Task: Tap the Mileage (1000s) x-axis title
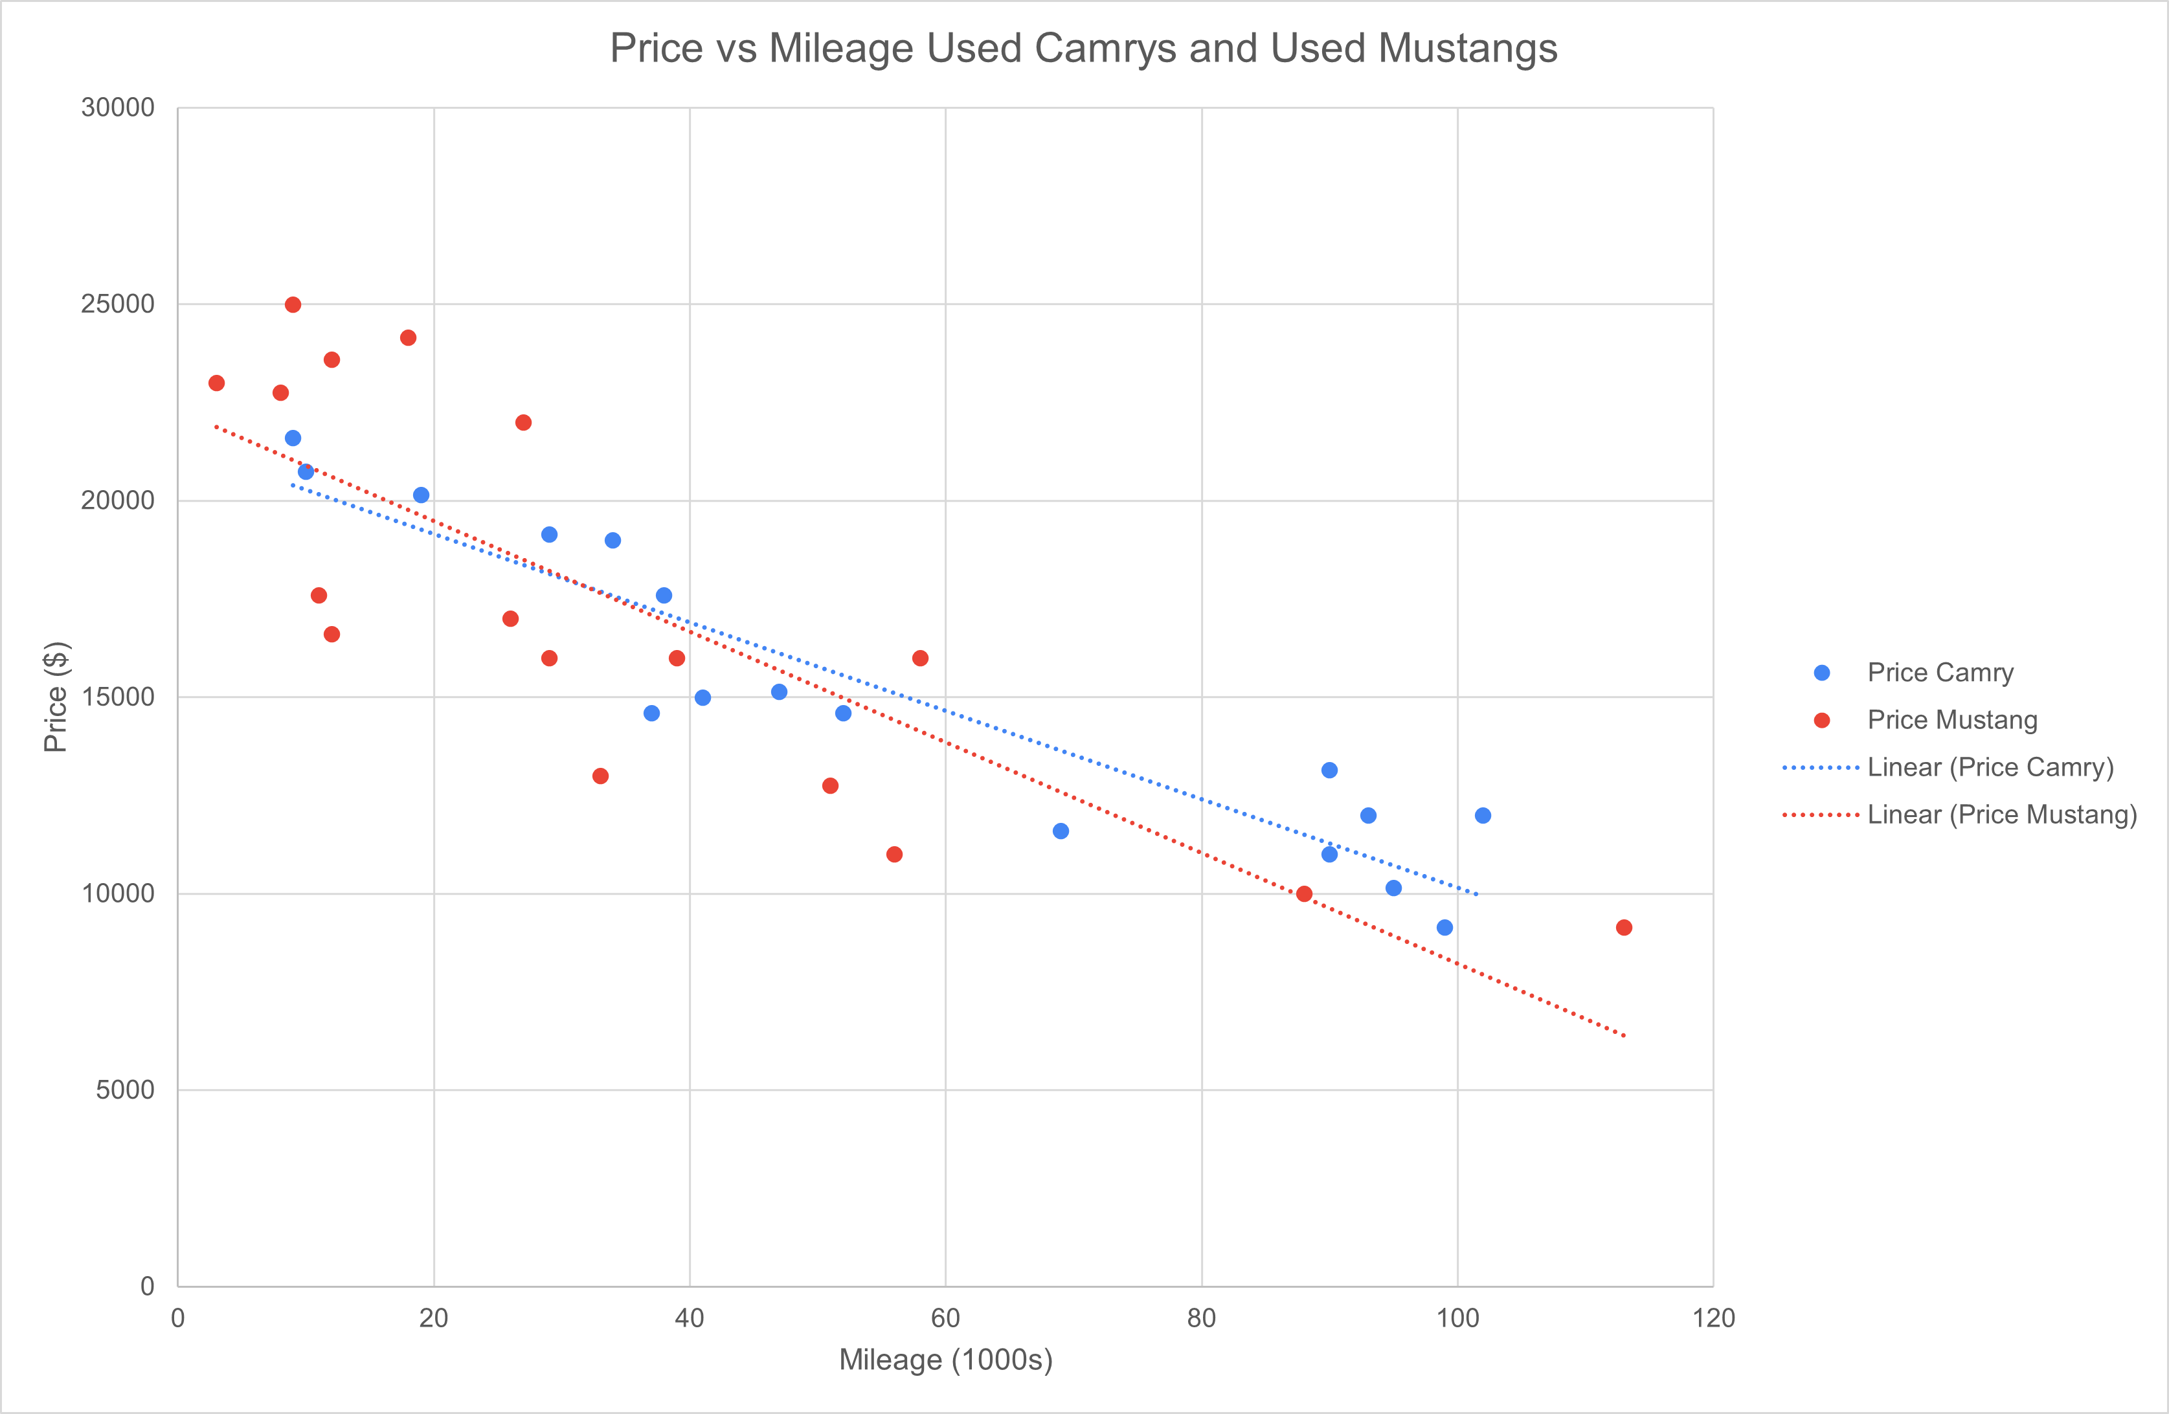click(x=945, y=1360)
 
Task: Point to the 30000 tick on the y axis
click(x=118, y=107)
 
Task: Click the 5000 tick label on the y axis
click(x=125, y=1090)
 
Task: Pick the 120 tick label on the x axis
click(x=1713, y=1318)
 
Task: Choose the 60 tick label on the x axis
click(x=945, y=1318)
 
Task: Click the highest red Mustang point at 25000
click(x=293, y=304)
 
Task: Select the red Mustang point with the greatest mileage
click(x=1623, y=928)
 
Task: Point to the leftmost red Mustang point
click(x=216, y=383)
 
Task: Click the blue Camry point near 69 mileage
click(x=1061, y=831)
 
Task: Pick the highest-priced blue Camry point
click(x=293, y=438)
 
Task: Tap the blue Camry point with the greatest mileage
click(x=1483, y=815)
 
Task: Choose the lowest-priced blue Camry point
click(x=1444, y=928)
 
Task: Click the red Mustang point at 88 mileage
click(x=1304, y=893)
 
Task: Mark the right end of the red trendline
click(x=1623, y=1035)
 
